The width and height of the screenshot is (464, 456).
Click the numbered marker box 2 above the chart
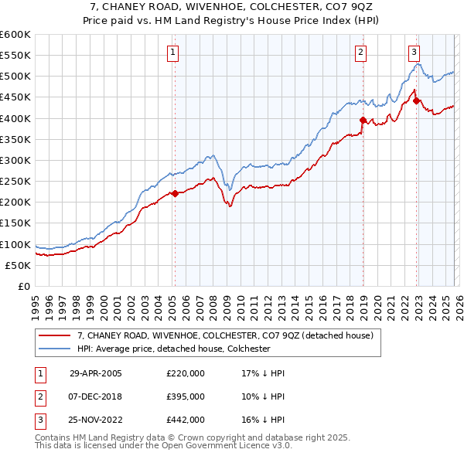[361, 53]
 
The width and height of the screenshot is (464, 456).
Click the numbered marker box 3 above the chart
[415, 53]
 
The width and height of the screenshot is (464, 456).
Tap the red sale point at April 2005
[175, 193]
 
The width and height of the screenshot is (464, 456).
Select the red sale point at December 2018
[363, 120]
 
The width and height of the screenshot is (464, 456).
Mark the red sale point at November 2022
[416, 100]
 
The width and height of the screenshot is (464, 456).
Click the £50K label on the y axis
[17, 265]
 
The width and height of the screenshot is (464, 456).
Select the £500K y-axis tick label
[15, 77]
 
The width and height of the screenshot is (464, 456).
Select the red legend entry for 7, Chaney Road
[225, 335]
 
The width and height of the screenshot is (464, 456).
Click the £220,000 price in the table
[186, 373]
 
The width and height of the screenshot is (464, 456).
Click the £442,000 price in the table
[186, 420]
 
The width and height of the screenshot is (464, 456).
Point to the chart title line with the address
[231, 5]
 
